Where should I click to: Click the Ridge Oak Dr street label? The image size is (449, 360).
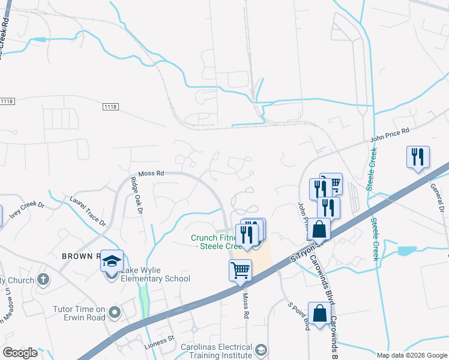coord(136,196)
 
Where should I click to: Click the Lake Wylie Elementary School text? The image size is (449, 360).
coord(155,274)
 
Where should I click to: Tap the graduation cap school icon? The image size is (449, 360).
coord(112,260)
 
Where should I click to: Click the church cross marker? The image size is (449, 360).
coord(43,280)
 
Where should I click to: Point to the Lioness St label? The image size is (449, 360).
coord(159,341)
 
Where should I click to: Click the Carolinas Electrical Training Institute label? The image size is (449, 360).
coord(218,351)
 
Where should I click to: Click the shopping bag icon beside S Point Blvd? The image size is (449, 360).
coord(319,313)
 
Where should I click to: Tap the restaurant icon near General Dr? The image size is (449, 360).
coord(418,157)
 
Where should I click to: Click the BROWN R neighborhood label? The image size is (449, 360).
coord(80,256)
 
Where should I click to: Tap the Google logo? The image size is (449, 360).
coord(20,353)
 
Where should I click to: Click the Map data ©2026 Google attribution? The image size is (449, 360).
coord(412,355)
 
